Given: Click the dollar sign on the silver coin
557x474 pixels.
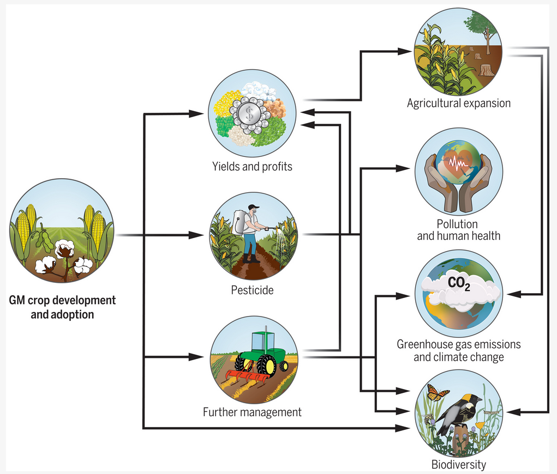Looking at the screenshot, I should click(x=250, y=113).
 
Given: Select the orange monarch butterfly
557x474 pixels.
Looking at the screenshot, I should click(x=438, y=393).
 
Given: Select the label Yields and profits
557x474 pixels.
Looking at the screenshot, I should click(x=252, y=167).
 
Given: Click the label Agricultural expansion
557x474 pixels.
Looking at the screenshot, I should click(x=458, y=103).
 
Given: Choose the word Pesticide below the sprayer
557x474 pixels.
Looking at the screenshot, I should click(x=252, y=290).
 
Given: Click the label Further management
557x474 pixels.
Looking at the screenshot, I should click(x=252, y=412).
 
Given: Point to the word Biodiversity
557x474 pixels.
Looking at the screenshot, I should click(x=458, y=465).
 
